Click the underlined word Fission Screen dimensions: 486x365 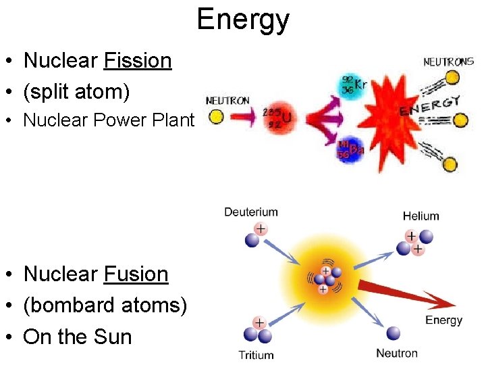(x=138, y=61)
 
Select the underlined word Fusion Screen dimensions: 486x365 (x=136, y=274)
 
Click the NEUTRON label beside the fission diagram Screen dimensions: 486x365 (x=227, y=101)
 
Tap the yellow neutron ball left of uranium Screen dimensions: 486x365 (x=216, y=116)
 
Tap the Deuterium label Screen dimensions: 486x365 (x=251, y=212)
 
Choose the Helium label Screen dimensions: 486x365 (x=421, y=216)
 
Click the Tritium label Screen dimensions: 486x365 (x=256, y=355)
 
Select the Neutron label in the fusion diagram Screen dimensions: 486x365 (x=397, y=353)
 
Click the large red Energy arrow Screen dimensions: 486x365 (x=405, y=294)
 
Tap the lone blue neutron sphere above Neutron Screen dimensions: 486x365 (x=393, y=333)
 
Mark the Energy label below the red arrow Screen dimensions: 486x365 (x=443, y=320)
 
